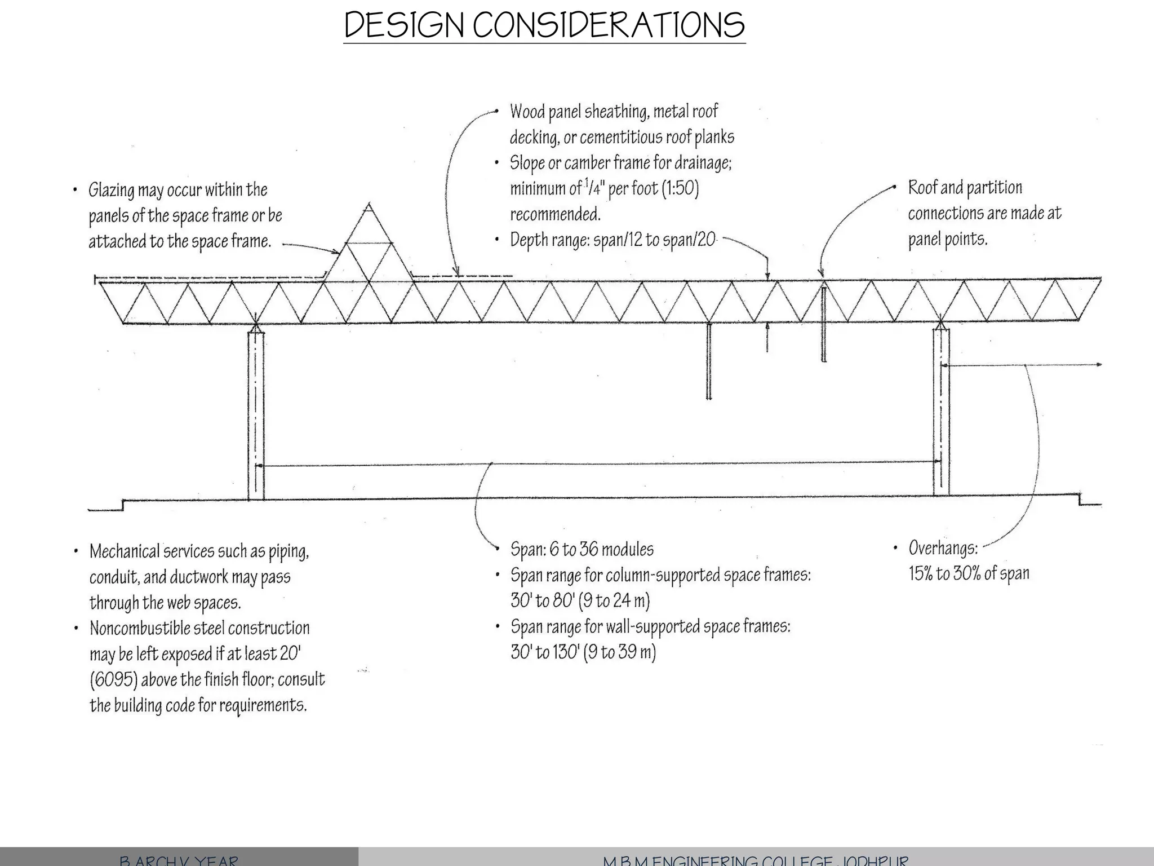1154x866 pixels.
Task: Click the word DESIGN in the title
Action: point(405,25)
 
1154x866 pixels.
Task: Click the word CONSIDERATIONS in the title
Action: point(609,25)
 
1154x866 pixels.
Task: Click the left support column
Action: point(256,414)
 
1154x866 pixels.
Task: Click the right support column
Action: point(940,412)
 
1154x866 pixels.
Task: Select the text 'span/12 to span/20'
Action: point(654,240)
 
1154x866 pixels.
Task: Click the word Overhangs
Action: point(943,548)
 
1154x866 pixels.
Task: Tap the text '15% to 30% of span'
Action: point(969,574)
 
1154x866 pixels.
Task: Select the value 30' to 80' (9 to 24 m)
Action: point(580,601)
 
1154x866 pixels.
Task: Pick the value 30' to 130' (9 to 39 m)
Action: point(583,652)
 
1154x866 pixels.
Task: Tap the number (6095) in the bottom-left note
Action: point(113,680)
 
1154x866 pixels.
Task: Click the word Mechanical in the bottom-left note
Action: point(124,551)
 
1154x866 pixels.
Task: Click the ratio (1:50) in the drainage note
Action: point(680,188)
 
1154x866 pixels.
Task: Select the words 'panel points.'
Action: point(947,240)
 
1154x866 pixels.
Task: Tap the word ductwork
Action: point(199,577)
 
